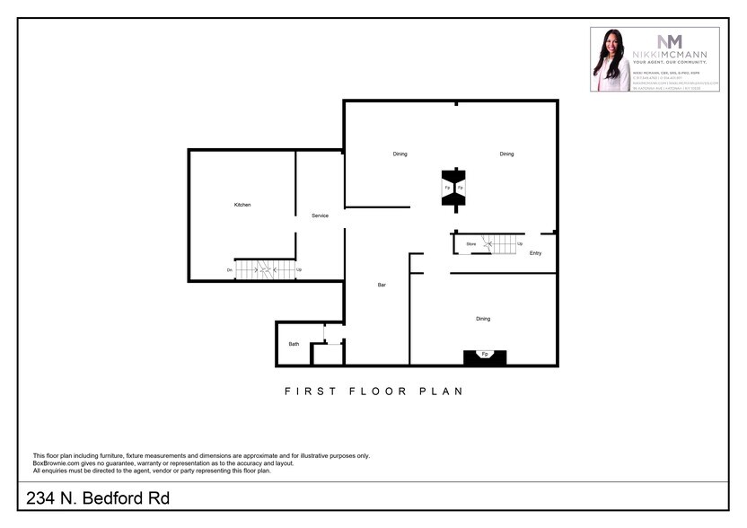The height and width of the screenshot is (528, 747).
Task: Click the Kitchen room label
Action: (242, 205)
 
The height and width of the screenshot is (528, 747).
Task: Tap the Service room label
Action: (320, 216)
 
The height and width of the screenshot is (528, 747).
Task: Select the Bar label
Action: (382, 285)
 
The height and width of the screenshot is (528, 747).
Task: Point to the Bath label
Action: (294, 344)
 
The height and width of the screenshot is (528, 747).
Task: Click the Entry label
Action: (535, 253)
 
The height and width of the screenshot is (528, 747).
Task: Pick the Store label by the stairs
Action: (470, 243)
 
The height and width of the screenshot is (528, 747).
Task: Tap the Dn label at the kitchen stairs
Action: (230, 269)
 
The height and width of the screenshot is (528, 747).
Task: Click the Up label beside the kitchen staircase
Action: (298, 269)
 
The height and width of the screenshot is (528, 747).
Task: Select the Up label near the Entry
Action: (520, 243)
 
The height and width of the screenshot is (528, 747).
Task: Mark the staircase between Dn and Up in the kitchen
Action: (265, 269)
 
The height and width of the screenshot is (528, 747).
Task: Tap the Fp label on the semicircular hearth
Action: (485, 354)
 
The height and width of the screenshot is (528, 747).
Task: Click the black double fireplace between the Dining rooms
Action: (453, 188)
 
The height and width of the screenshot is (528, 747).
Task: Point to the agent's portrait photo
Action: (611, 60)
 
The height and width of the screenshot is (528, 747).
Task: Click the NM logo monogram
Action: (670, 41)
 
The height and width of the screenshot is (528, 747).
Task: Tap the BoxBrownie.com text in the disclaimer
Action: (55, 463)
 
